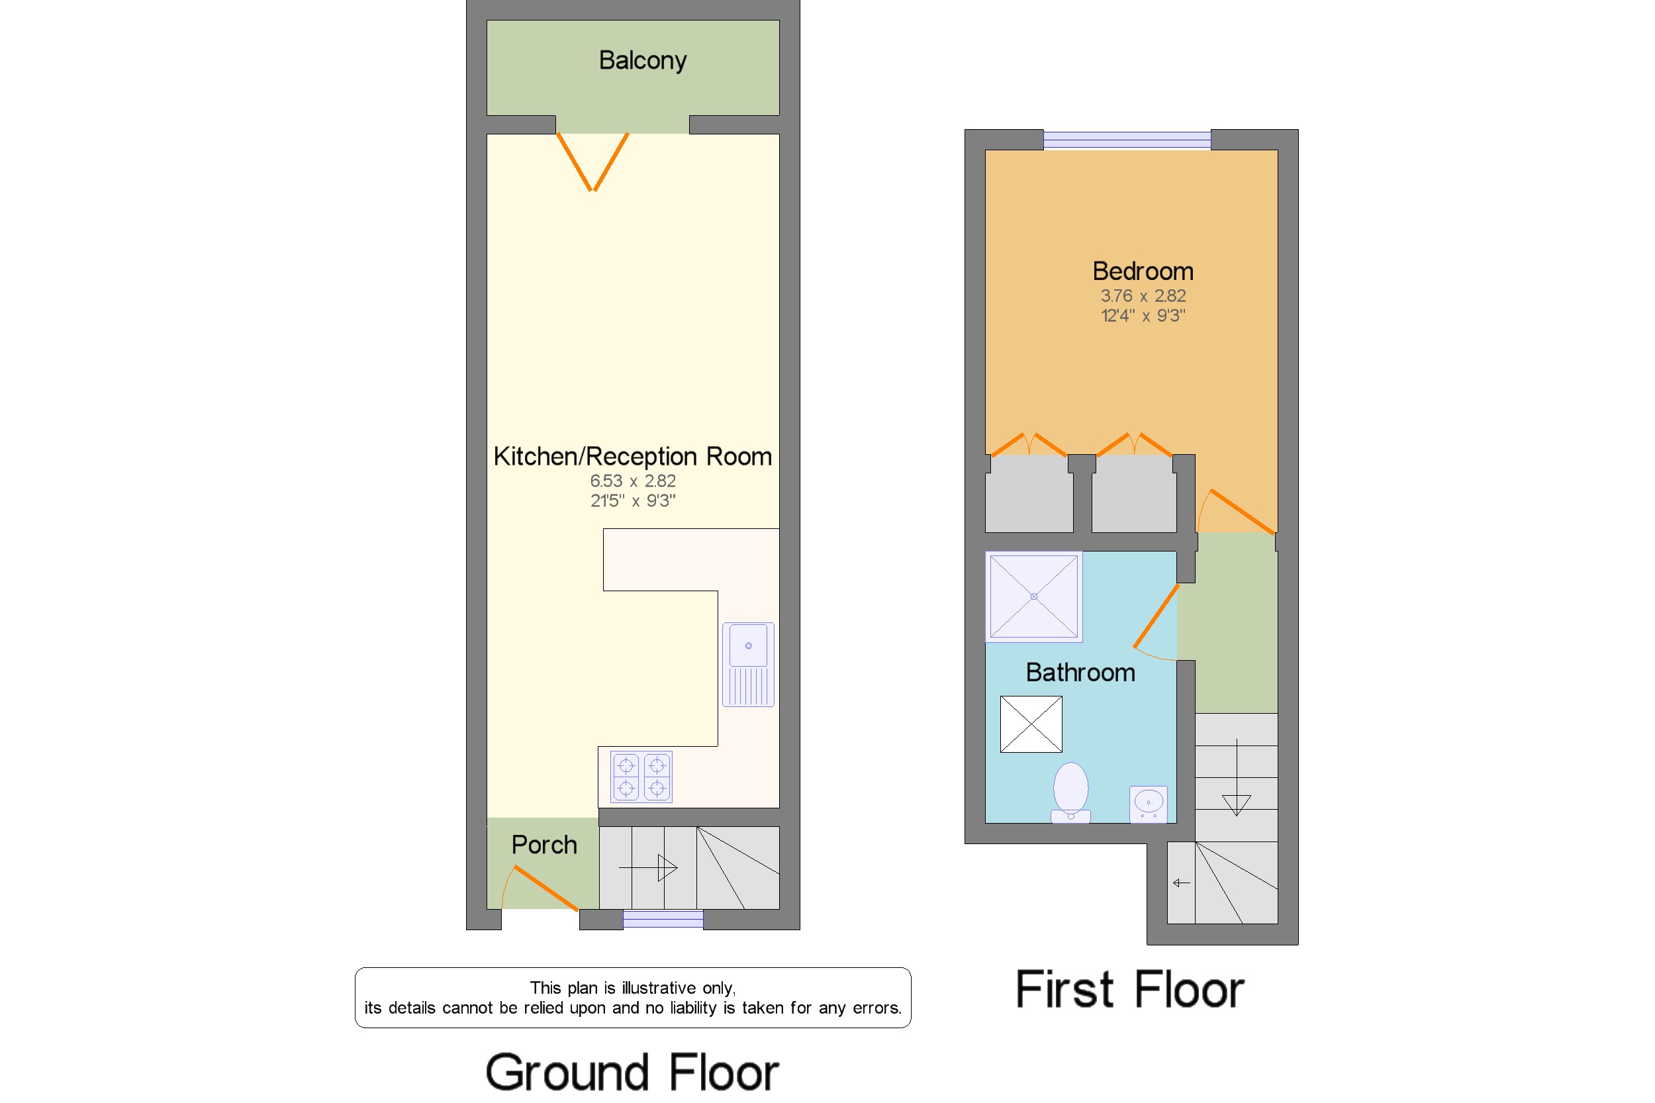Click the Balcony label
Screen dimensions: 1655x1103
click(642, 61)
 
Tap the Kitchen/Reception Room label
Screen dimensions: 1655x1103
click(632, 457)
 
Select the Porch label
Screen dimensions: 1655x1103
click(544, 845)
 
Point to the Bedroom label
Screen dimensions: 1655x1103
click(1142, 271)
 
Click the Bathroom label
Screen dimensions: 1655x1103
click(1080, 673)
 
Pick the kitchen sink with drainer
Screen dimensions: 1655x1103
click(747, 664)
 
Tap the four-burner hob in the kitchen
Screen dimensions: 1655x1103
click(641, 777)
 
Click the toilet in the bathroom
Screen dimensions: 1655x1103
click(1070, 792)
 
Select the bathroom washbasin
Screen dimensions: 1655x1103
click(1148, 804)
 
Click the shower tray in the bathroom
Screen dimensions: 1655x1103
click(1033, 597)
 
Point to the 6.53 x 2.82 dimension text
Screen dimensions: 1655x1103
click(632, 481)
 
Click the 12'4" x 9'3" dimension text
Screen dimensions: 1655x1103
click(1142, 316)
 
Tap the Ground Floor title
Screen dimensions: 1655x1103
click(632, 1073)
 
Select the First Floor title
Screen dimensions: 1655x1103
click(1129, 990)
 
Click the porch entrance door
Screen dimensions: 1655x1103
click(545, 888)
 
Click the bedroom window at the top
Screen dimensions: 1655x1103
click(1127, 139)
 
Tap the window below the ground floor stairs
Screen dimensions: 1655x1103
click(663, 919)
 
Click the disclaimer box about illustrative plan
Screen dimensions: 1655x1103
click(632, 998)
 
